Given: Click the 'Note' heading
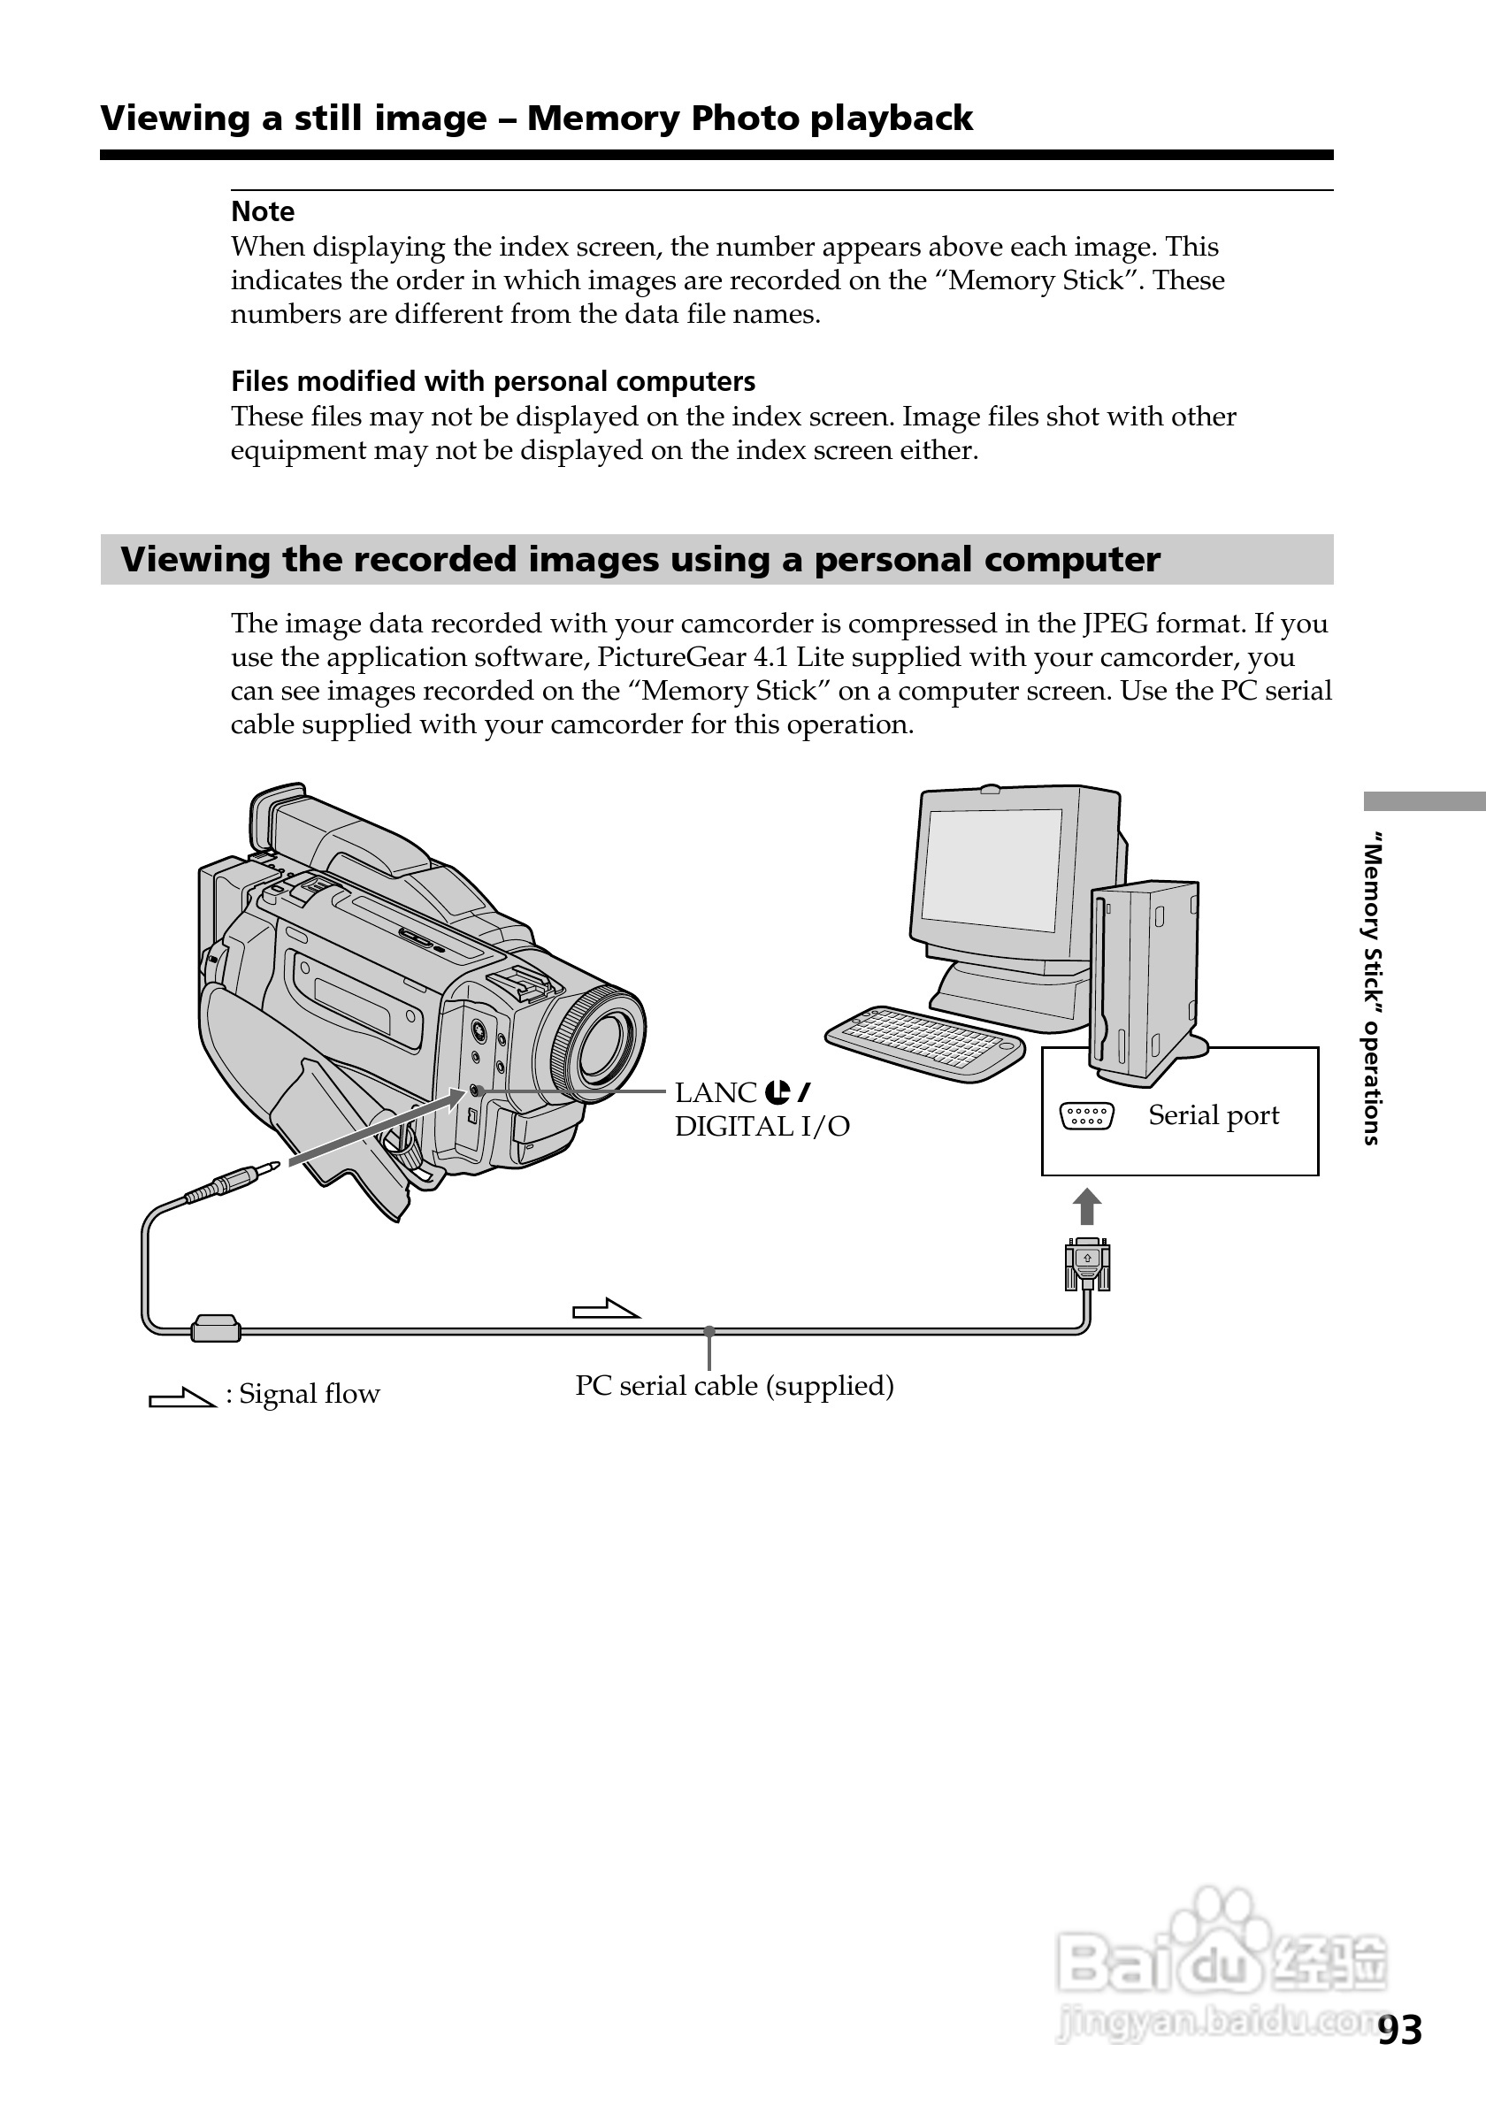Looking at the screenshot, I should click(262, 211).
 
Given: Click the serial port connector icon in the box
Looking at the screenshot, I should click(1086, 1116).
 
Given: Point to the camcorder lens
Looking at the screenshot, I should click(601, 1045).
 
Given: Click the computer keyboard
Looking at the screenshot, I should click(924, 1044).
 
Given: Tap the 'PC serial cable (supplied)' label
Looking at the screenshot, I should click(734, 1385).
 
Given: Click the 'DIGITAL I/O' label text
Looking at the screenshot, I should click(762, 1126).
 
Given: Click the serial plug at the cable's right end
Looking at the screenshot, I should click(1087, 1264).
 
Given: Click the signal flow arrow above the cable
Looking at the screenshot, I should click(605, 1309).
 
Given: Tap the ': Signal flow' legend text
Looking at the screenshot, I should click(303, 1394).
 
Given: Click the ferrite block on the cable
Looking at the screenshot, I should click(216, 1328).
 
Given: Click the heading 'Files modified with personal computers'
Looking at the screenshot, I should click(494, 381).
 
